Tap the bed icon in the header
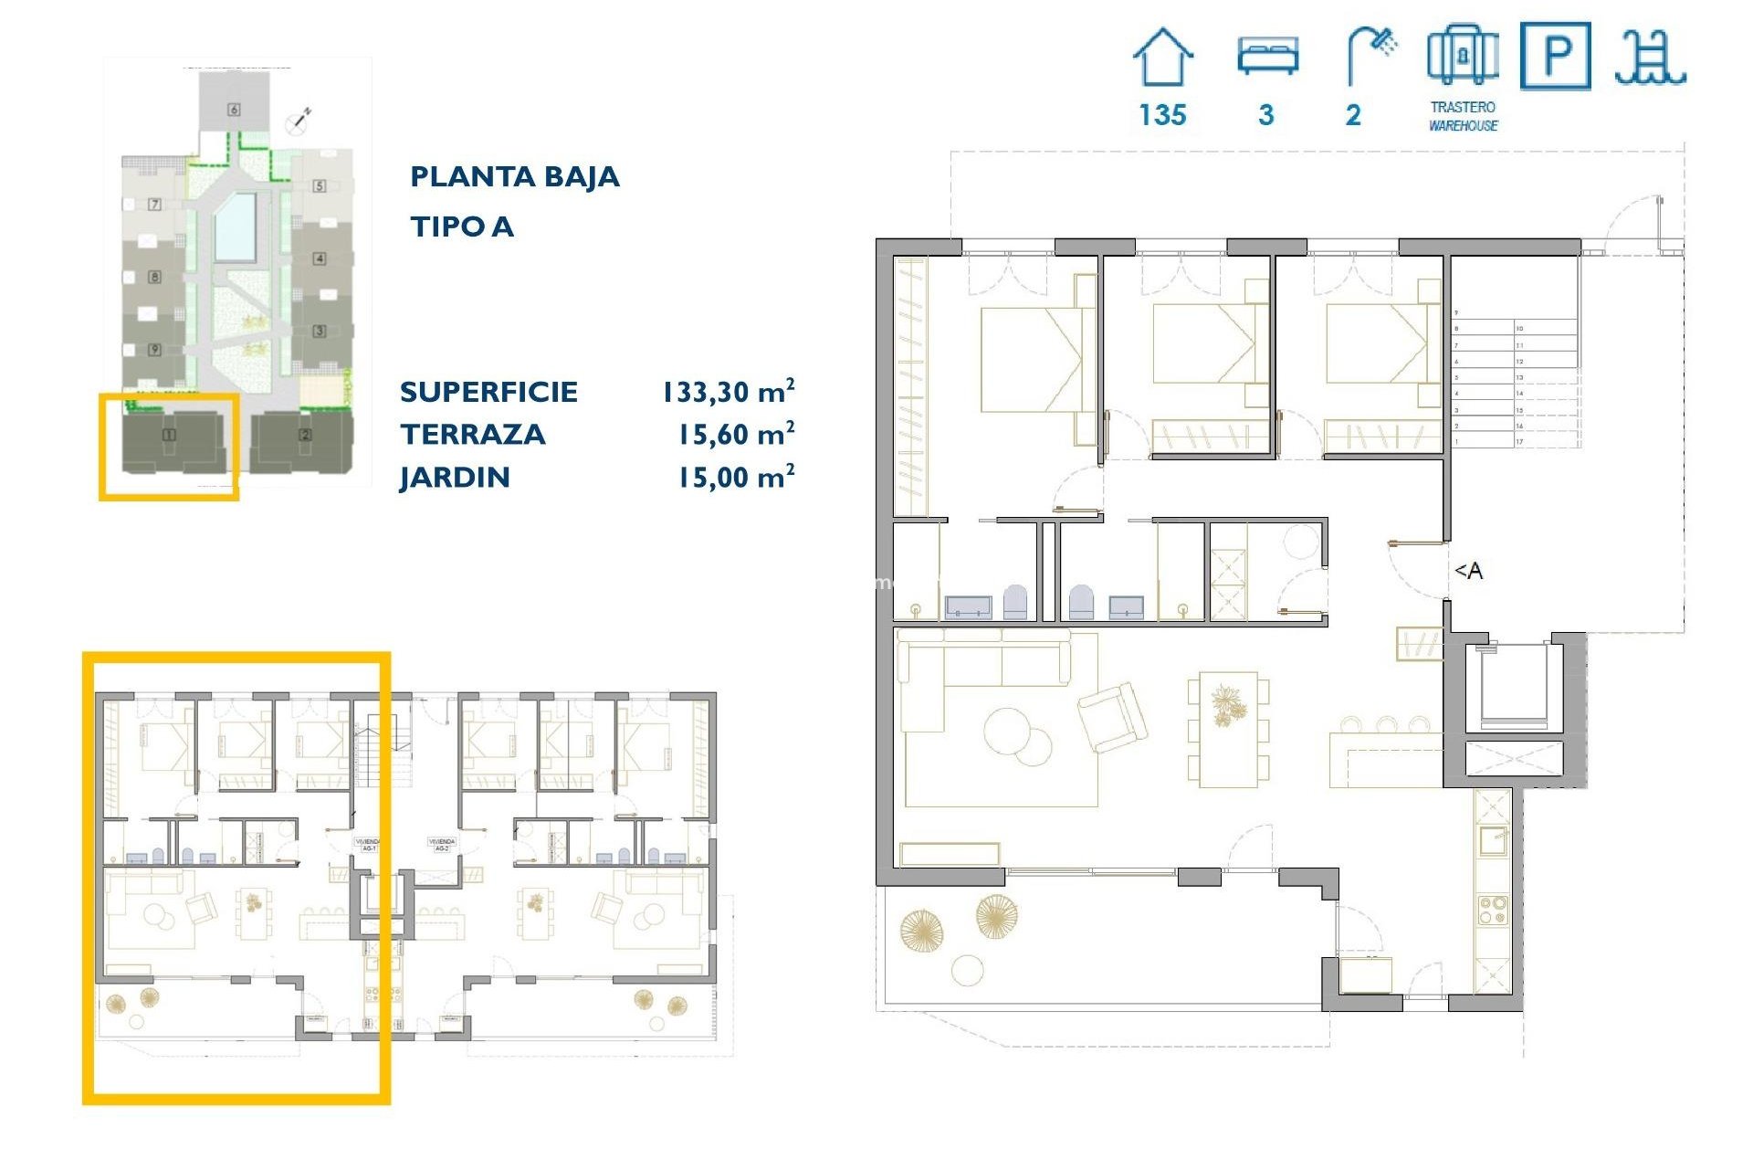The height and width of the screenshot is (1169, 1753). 1267,56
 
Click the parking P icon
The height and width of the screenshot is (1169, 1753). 1555,57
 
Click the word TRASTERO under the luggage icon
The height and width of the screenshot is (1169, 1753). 1463,107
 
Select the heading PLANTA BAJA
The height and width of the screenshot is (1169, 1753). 514,176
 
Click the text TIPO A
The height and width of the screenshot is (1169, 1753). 461,226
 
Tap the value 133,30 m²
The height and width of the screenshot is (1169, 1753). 728,392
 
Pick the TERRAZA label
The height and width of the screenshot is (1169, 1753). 472,435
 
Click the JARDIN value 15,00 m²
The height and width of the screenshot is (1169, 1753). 735,478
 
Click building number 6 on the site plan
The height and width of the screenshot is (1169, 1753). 234,110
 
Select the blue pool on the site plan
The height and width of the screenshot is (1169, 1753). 235,226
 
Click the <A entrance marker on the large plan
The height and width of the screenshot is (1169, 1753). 1468,571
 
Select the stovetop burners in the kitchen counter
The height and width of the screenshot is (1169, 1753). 1493,911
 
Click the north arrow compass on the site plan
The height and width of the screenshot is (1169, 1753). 299,119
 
